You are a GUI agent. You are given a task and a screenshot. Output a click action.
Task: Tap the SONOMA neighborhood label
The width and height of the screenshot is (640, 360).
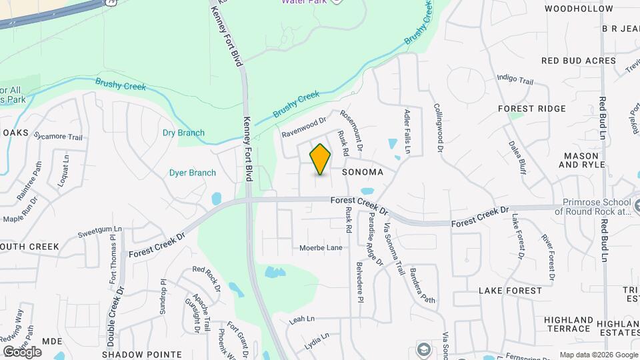[363, 172]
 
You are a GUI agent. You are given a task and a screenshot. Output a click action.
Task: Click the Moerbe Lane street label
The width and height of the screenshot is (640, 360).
[321, 248]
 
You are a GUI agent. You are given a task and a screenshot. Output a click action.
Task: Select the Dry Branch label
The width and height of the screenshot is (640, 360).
[183, 133]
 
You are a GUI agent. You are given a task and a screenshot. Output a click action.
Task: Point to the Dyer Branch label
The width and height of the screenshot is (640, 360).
[193, 173]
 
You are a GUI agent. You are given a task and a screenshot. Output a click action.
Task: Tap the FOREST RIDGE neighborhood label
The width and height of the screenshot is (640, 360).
[532, 109]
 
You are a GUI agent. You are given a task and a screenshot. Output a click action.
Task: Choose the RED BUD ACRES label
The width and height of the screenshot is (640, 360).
[579, 61]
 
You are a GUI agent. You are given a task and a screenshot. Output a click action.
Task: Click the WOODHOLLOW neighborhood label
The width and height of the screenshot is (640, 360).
[579, 9]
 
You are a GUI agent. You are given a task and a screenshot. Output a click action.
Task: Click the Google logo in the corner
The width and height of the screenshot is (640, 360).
[22, 351]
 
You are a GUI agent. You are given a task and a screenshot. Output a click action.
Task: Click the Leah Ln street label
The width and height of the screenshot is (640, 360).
[302, 319]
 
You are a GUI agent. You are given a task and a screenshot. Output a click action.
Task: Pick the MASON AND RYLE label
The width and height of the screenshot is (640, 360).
[581, 160]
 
